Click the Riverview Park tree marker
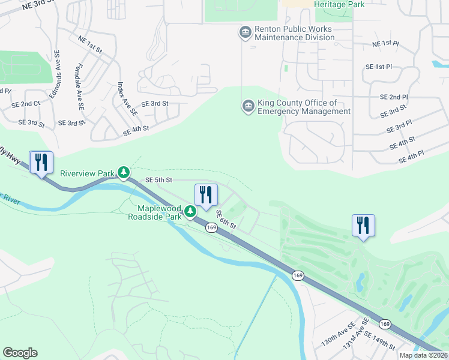coord(124,173)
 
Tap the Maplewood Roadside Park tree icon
coord(190,211)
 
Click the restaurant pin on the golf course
coord(363,226)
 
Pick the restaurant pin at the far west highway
coord(41,163)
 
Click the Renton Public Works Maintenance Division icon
coord(245,32)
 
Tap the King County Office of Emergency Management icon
coord(247,107)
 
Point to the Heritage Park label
coord(339,4)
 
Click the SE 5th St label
coord(159,179)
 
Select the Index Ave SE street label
coord(128,98)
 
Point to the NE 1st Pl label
coord(385,44)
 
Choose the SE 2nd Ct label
coord(26,104)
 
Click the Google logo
coord(20,353)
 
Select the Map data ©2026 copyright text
coord(423,355)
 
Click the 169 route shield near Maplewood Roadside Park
coord(211,227)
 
